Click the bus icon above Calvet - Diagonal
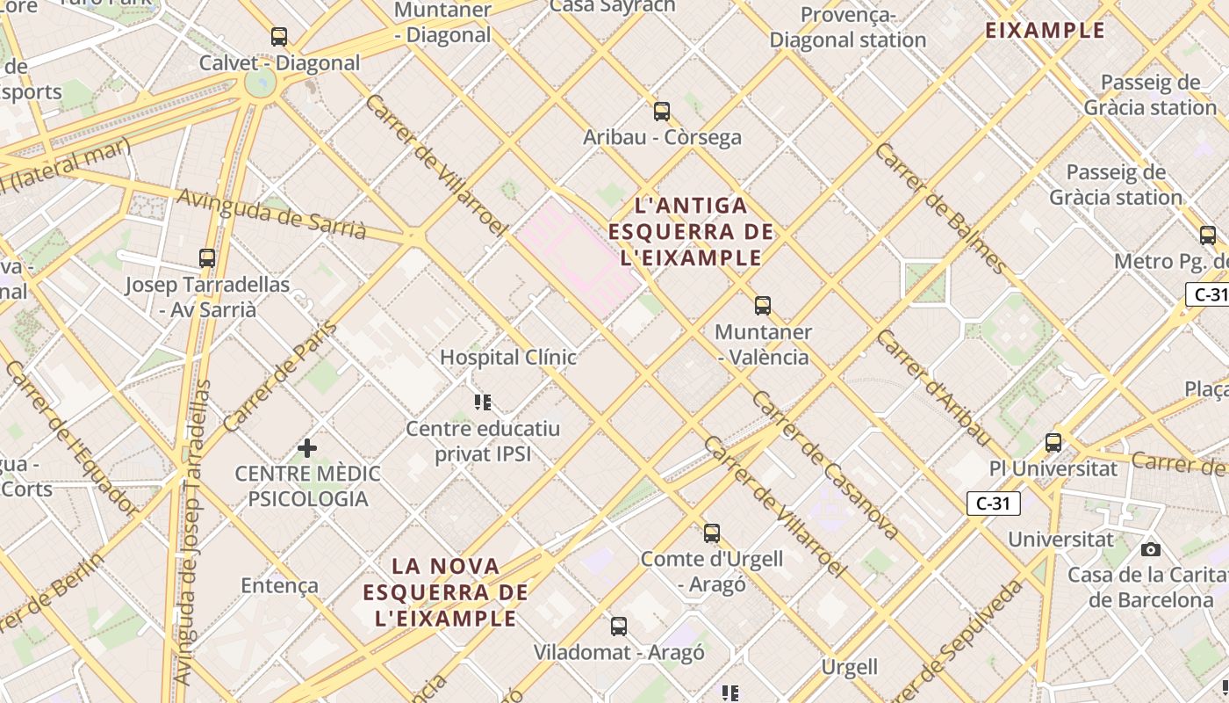tap(279, 37)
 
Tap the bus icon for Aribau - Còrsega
tap(662, 112)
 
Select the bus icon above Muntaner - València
tap(763, 306)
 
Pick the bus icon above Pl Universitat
tap(1053, 443)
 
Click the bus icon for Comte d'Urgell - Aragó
tap(712, 533)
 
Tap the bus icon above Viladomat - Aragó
tap(619, 627)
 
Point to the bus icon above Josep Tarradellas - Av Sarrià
tap(207, 258)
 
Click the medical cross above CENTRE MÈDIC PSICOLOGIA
tap(307, 448)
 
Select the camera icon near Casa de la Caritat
tap(1150, 550)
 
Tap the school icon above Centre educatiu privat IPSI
tap(483, 402)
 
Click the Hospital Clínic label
tap(508, 357)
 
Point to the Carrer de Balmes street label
tap(940, 207)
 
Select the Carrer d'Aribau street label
tap(934, 388)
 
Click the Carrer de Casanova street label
tap(825, 466)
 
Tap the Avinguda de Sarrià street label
tap(271, 214)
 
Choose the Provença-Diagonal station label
tap(848, 27)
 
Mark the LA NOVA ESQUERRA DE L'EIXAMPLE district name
tap(446, 592)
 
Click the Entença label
tap(279, 585)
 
